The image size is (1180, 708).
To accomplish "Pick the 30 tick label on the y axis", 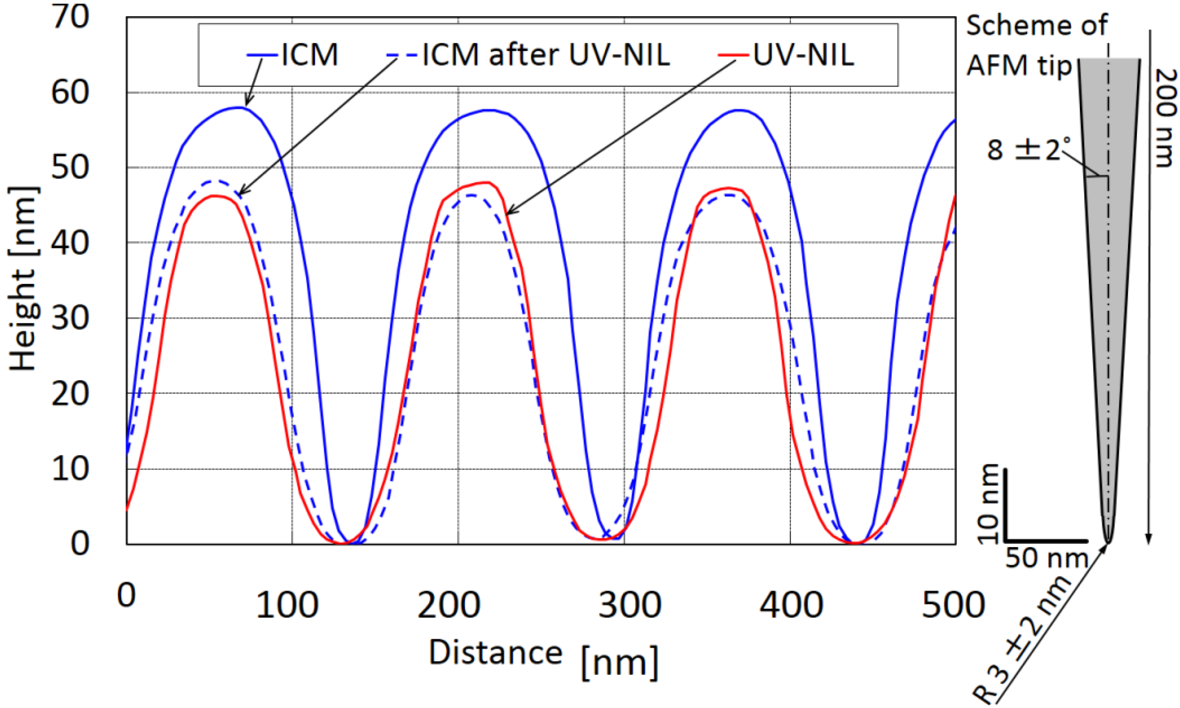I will click(70, 318).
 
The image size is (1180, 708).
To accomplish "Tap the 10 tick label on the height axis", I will click(70, 469).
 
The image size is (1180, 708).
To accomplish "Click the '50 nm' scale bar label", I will click(1047, 558).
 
